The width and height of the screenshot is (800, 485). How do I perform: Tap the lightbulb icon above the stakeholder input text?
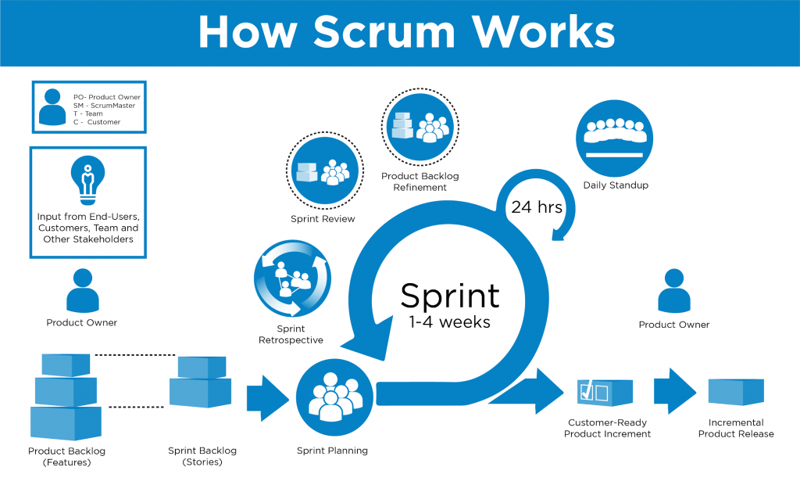coord(87,178)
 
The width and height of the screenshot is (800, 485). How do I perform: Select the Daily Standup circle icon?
coord(614,138)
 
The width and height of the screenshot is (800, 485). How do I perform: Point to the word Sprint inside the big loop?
coord(449,296)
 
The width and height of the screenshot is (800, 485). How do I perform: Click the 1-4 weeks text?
coord(449,322)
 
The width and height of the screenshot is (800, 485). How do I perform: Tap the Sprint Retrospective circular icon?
coord(292,278)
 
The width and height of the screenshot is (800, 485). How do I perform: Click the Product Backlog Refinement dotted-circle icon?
coord(420,126)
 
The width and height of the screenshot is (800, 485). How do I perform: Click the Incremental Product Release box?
coord(735,392)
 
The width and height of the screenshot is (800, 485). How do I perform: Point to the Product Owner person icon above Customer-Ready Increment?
coord(673,291)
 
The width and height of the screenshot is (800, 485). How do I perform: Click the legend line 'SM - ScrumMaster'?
coord(112,106)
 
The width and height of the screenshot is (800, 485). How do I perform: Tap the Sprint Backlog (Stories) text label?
coord(202,456)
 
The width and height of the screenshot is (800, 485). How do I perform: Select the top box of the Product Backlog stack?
coord(67,365)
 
